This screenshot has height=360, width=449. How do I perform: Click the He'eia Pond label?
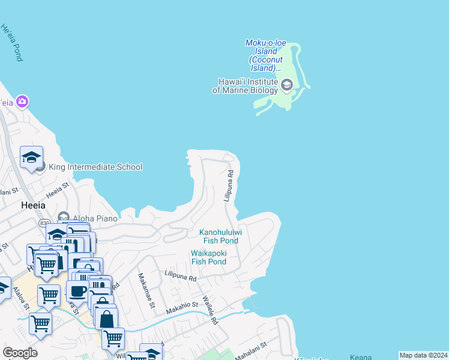coord(11,43)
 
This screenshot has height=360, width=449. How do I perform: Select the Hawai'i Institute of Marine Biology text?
coord(245,86)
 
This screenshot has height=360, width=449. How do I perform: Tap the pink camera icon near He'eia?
coord(22,101)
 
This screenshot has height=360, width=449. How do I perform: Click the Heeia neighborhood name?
coord(33,205)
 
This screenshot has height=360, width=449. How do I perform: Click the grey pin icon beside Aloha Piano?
coord(64,216)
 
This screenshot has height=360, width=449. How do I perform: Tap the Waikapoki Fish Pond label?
coord(208,257)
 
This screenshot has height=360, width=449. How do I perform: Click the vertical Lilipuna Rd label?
coord(229,185)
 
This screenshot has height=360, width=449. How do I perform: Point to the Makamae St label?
coord(147,290)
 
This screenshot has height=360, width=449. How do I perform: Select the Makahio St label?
coord(182,309)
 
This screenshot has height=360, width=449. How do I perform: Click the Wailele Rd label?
coord(209,310)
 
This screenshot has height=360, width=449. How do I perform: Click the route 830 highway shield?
coord(44,223)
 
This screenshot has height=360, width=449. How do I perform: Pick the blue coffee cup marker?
coord(77,292)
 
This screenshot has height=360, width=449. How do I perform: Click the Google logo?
coord(20,352)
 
